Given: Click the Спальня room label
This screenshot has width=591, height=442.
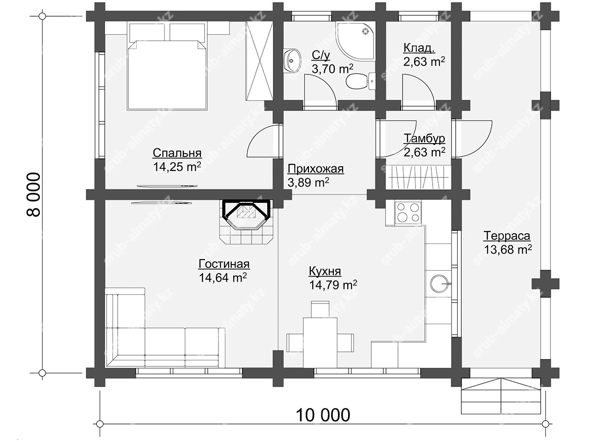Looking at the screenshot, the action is (x=177, y=153).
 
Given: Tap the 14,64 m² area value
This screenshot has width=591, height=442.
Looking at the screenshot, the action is (x=223, y=277).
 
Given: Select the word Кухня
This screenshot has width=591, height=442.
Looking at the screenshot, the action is (x=325, y=272).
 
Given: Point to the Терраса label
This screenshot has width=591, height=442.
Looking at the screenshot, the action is (x=507, y=236).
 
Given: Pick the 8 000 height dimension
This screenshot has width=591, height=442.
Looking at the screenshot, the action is (x=34, y=194).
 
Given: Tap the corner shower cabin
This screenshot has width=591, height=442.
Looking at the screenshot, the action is (x=355, y=41).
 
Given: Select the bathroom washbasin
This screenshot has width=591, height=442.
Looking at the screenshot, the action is (x=292, y=61).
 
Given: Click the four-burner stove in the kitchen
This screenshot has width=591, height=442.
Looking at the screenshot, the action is (x=408, y=212).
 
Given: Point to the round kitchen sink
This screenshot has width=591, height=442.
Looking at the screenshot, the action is (x=440, y=284).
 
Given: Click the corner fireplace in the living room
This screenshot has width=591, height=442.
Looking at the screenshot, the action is (x=247, y=221).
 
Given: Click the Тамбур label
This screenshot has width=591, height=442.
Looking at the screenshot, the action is (x=424, y=139).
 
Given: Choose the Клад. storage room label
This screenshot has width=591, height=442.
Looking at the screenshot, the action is (x=419, y=48).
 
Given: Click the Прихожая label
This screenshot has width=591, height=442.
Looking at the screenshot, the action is (x=315, y=169).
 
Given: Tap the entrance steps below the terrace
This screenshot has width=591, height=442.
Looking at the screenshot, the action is (x=501, y=396).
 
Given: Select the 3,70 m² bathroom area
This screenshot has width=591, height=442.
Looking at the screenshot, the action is (x=332, y=69).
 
